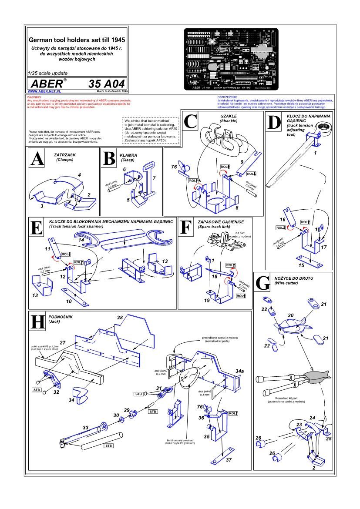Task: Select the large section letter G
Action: pos(263,283)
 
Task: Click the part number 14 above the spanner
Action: pos(81,240)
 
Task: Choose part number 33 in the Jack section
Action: pos(86,428)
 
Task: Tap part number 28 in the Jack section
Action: pos(120,318)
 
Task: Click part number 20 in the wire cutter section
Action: pos(291,315)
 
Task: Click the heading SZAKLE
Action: pos(229,116)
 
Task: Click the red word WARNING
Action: pos(34,97)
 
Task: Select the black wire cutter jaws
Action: pos(317,376)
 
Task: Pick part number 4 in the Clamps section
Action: pos(80,174)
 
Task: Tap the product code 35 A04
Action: pos(107,83)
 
